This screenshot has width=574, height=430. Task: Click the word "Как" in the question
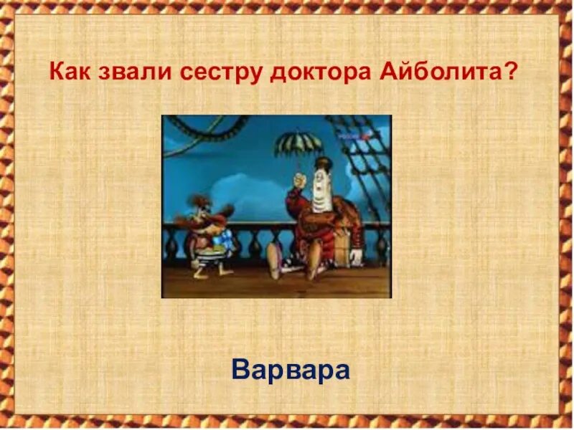pos(70,72)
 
